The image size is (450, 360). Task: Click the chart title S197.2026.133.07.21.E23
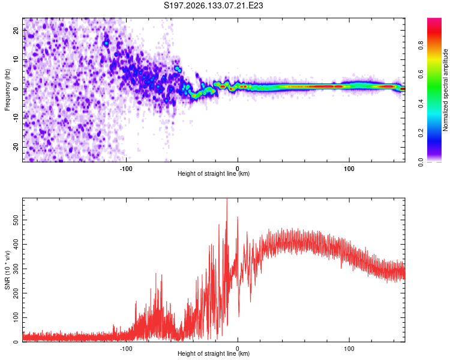click(x=213, y=5)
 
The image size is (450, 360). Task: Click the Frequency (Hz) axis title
click(x=7, y=90)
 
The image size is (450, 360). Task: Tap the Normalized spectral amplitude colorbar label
click(x=445, y=90)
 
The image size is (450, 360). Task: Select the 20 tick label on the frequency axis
click(x=16, y=31)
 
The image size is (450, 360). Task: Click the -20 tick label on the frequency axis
click(x=16, y=148)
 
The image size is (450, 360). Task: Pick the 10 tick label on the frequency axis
click(x=16, y=59)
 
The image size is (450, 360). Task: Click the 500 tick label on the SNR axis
click(x=16, y=220)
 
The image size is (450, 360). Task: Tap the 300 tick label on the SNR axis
click(x=16, y=269)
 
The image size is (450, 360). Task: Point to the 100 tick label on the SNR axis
click(x=16, y=317)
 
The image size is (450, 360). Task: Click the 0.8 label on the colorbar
click(x=421, y=46)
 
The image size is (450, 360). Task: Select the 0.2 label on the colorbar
click(x=421, y=133)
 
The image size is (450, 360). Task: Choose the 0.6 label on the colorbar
click(x=421, y=74)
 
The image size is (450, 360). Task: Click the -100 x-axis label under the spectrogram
click(x=126, y=169)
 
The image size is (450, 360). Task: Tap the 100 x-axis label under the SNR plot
click(x=349, y=349)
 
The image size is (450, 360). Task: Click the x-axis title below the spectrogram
click(x=214, y=173)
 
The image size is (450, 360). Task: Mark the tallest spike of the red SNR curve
click(x=227, y=199)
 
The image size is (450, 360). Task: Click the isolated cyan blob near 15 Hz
click(x=106, y=43)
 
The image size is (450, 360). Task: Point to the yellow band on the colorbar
click(x=434, y=60)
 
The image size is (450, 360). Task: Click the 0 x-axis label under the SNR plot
click(x=238, y=349)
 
